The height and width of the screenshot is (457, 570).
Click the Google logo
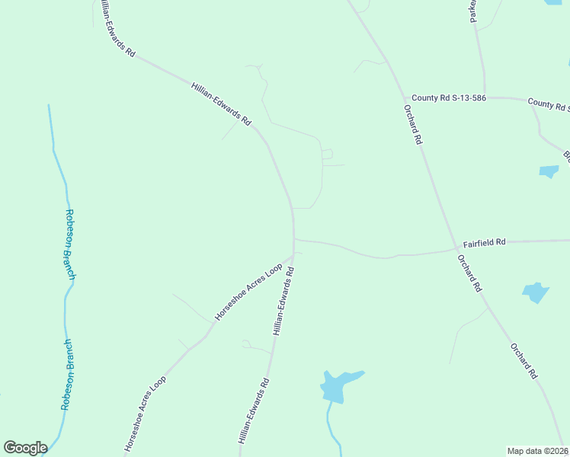coord(25,448)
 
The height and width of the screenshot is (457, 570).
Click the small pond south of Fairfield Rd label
coord(536,292)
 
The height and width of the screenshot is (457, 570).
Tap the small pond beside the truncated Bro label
coord(549,171)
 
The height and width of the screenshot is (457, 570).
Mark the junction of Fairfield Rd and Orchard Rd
coord(455,249)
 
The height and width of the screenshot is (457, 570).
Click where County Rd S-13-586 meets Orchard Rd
coord(405,97)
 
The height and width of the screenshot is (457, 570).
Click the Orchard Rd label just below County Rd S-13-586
coord(413,124)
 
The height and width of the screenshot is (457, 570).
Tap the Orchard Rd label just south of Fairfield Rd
coord(469,273)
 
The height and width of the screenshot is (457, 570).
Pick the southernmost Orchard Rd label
coord(524,360)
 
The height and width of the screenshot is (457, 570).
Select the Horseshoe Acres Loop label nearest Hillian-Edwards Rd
coord(248,291)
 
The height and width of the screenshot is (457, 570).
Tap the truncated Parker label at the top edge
coord(473,11)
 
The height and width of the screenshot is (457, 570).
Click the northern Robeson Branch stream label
coord(70,244)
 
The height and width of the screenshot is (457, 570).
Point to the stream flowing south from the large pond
coord(330,423)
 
